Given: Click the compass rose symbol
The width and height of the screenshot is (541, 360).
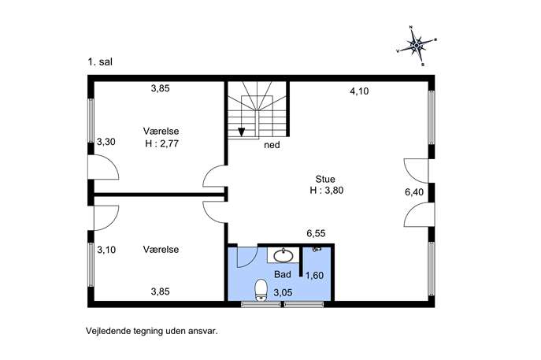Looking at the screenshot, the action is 417,45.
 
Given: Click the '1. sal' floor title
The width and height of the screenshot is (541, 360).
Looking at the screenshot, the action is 100,62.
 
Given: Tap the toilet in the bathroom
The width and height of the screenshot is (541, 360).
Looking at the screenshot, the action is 261,290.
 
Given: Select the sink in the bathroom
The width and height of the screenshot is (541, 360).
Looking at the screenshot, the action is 283,255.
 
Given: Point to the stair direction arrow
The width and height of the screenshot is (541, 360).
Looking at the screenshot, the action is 242,132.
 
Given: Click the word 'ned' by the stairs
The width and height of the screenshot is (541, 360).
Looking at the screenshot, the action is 272,145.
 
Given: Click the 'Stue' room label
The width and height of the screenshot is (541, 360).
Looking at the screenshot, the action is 325,179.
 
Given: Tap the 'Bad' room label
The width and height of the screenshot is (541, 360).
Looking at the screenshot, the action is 283,274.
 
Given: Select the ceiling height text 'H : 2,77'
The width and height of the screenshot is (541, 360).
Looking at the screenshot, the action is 161,143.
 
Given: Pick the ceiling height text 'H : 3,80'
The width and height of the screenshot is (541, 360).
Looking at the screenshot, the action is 326,190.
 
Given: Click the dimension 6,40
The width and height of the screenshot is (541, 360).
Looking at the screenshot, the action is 414,192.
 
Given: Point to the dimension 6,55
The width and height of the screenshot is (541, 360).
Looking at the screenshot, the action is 316,233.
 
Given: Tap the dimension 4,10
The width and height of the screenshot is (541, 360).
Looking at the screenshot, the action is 359,91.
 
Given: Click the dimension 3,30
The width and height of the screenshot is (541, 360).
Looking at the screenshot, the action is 106,142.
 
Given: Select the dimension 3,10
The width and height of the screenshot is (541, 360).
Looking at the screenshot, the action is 106,250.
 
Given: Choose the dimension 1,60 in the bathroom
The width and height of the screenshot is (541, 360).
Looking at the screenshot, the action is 314,275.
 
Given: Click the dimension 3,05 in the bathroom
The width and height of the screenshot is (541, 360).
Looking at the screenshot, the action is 283,293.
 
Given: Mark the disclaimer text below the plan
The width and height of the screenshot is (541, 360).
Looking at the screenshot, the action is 152,331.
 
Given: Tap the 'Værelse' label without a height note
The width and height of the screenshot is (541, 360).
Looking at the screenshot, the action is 161,250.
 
